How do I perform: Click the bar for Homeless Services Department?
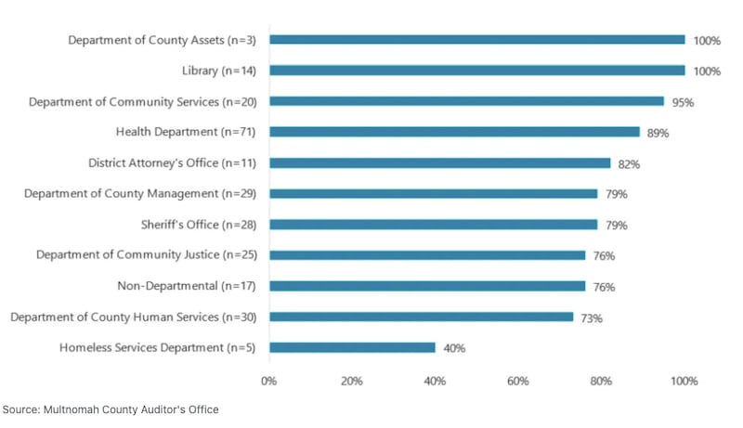(352, 348)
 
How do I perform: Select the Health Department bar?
(454, 132)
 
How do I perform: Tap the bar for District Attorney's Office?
(439, 162)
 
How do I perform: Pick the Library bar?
(476, 71)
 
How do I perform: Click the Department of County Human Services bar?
(421, 317)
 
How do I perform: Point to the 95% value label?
(683, 102)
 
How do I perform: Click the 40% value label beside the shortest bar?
(454, 348)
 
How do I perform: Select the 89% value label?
(658, 133)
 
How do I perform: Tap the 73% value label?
(592, 318)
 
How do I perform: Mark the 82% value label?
(629, 163)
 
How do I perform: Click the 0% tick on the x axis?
(268, 381)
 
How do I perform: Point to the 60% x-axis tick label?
(517, 381)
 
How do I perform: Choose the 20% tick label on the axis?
(351, 381)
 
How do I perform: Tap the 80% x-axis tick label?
(601, 381)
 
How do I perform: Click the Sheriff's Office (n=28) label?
(201, 225)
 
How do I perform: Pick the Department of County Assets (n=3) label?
(162, 40)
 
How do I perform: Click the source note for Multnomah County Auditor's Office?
(111, 409)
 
